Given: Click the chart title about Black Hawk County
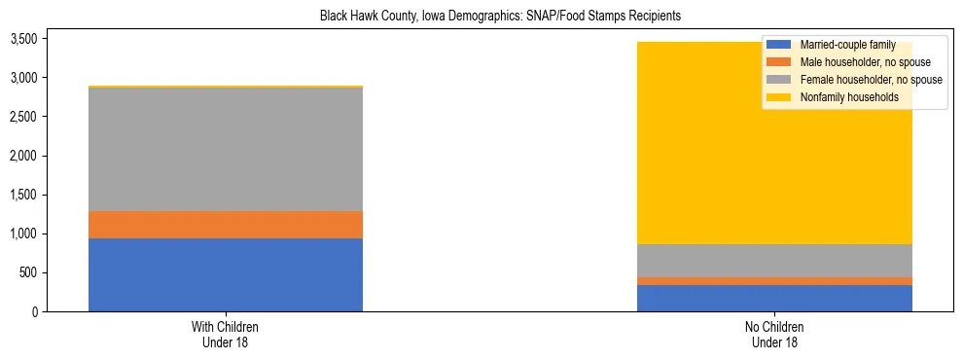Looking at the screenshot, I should point(500,16).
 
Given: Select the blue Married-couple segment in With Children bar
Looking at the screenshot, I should point(225,274).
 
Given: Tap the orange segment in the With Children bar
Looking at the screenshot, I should point(225,225).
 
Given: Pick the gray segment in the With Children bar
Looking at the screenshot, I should point(225,149).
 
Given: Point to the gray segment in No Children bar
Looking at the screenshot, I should point(774,261).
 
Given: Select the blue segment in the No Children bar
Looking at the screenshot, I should point(774,298).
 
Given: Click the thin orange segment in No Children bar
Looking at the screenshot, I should point(774,281).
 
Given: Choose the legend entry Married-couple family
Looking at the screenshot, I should point(845,45).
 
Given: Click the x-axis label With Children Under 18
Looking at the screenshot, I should point(225,335).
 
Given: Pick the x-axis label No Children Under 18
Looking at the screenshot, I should point(774,335).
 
